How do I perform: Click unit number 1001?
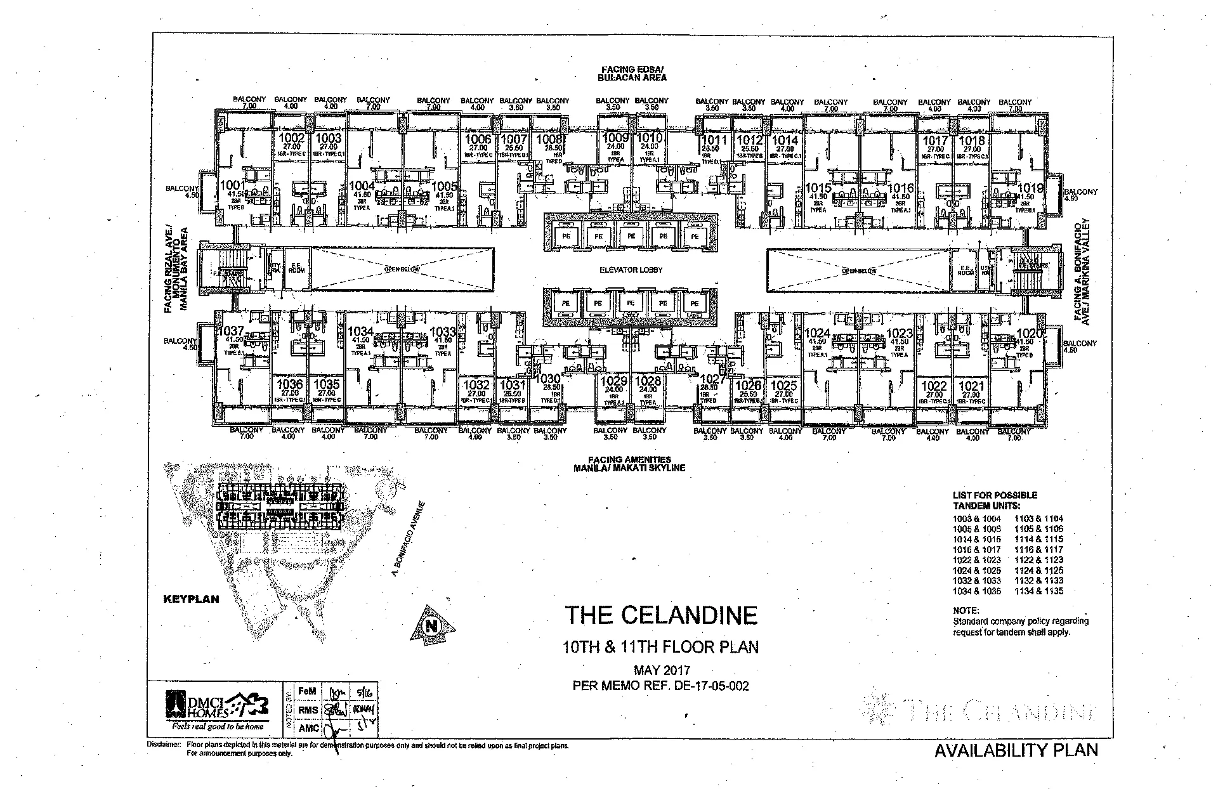[x=232, y=185]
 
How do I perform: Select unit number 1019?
[x=1031, y=188]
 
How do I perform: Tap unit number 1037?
[x=231, y=331]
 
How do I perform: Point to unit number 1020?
[x=1030, y=334]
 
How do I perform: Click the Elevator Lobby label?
[x=631, y=270]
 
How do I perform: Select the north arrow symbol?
[x=434, y=625]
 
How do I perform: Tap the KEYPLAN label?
[x=191, y=599]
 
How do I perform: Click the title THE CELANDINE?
[x=661, y=615]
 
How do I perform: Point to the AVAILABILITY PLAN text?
[x=1016, y=750]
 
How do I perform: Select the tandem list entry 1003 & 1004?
[x=976, y=519]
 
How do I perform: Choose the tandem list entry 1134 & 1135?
[x=1039, y=591]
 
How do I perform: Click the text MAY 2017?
[x=662, y=670]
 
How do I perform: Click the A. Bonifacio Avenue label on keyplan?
[x=409, y=539]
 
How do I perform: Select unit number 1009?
[x=615, y=138]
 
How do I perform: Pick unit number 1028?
[x=648, y=381]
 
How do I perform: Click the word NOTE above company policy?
[x=966, y=611]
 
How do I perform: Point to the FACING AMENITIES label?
[x=629, y=460]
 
